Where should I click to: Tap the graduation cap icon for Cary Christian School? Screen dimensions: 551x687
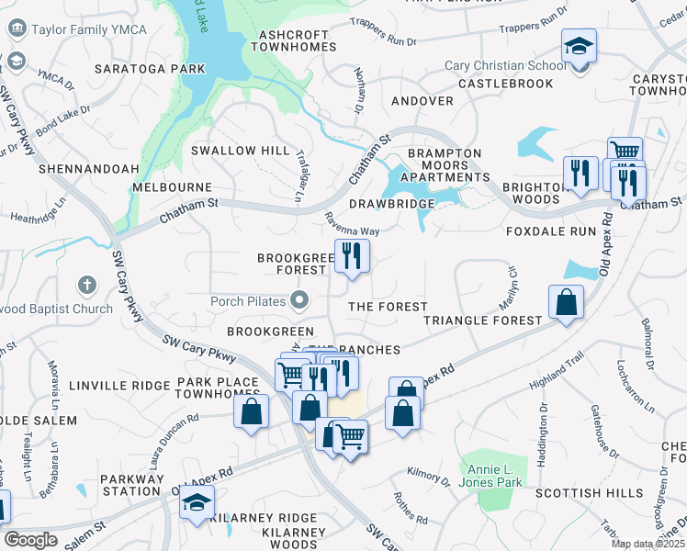coord(580,45)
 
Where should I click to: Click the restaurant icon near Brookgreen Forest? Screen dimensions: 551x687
coord(351,256)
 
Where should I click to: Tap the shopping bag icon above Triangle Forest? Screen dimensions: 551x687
coord(566,301)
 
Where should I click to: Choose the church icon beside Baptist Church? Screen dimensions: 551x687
coord(86,287)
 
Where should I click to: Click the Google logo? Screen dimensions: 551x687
coord(30,540)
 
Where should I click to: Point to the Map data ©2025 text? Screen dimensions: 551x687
coord(648,545)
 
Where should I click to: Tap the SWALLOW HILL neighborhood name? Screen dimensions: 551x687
coord(240,150)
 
